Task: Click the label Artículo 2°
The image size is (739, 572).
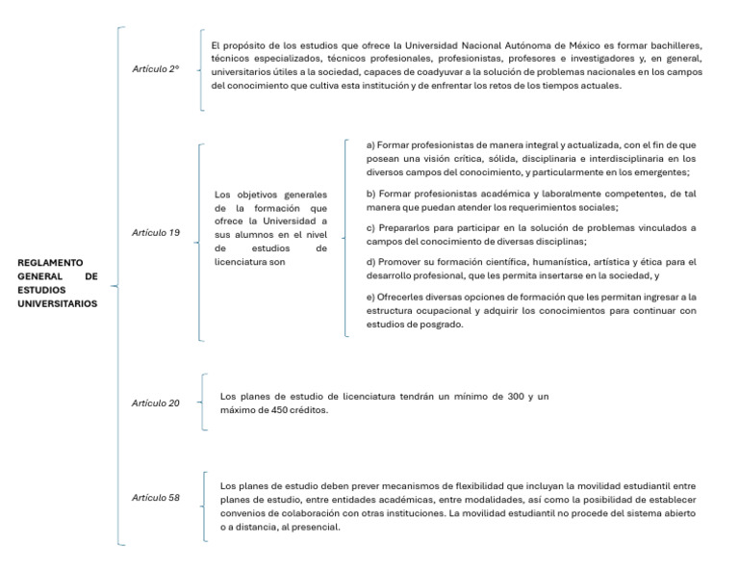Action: point(156,68)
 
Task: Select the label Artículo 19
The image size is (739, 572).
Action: point(156,233)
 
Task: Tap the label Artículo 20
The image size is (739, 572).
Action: point(156,403)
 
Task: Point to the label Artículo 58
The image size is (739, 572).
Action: point(156,498)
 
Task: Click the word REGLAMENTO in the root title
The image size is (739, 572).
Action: point(50,262)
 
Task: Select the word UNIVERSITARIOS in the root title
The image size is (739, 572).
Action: point(58,303)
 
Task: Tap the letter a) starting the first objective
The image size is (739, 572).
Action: point(372,144)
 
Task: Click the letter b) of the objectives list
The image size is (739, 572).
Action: point(372,194)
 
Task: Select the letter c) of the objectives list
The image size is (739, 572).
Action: point(372,227)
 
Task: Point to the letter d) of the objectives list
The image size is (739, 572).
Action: point(372,262)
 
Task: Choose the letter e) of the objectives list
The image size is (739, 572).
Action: point(372,297)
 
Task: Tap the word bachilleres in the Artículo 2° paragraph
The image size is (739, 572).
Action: point(673,45)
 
